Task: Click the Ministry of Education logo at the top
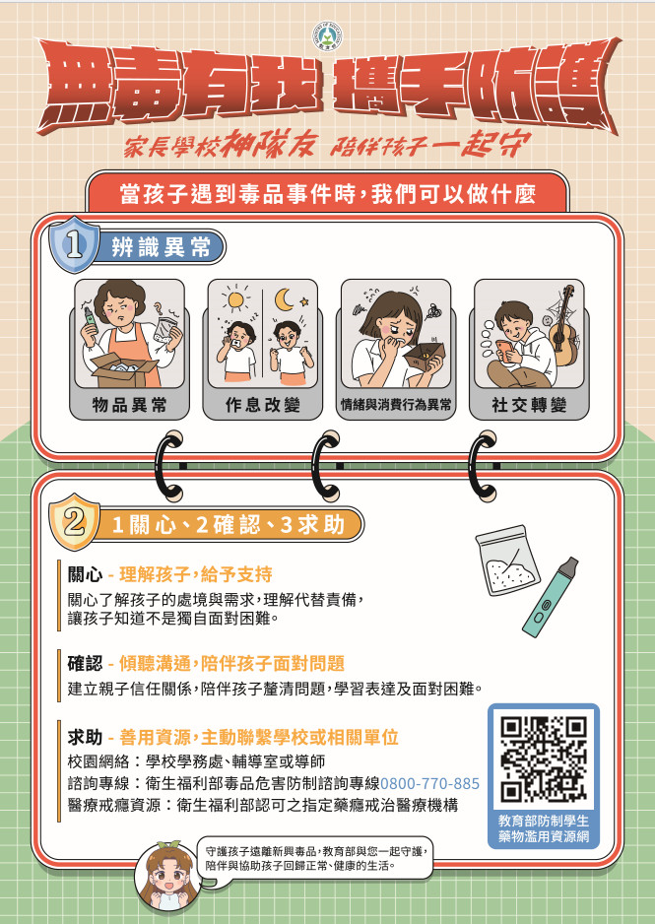tap(327, 35)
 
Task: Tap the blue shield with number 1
tap(74, 244)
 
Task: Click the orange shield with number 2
tap(74, 521)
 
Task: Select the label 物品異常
tap(130, 405)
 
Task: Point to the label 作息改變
tap(263, 405)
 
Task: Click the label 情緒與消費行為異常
tap(396, 405)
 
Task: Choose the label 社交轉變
tap(529, 405)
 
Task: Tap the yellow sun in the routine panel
tap(235, 299)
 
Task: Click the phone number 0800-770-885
tap(430, 784)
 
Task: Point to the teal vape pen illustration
tap(551, 597)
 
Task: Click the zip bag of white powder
tap(507, 560)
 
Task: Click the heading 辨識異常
tap(161, 247)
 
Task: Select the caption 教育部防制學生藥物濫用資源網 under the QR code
tap(543, 828)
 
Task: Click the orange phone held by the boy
tap(505, 350)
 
